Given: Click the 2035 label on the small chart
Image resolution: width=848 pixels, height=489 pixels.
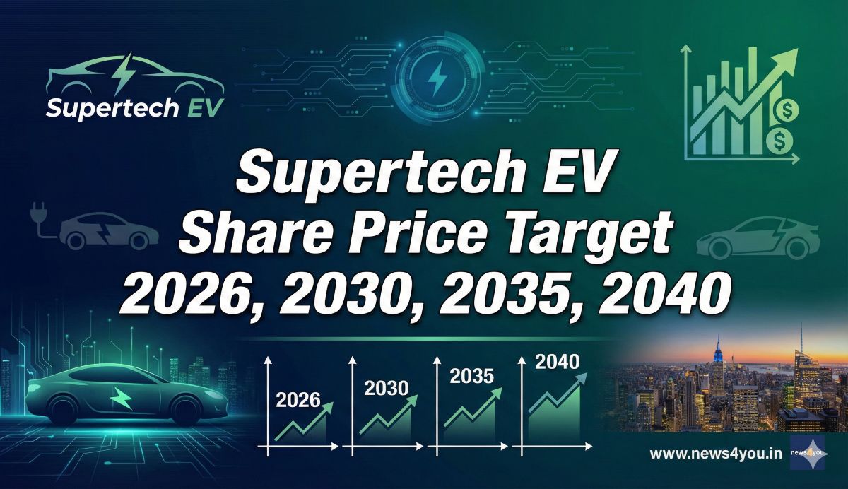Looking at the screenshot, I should coord(471,376).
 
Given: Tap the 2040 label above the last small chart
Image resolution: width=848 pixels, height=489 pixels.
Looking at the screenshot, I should coord(557,363).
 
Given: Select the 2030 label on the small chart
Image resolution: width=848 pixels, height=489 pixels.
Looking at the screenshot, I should coord(386,388).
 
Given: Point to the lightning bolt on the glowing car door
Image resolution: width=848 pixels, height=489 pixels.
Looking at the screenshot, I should coord(122,401).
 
